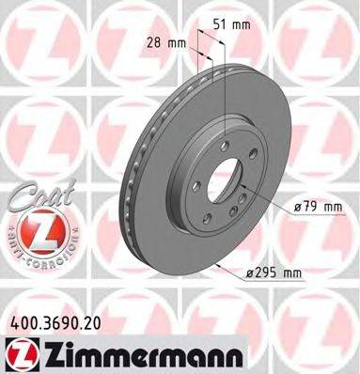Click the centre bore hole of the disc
click(x=222, y=179)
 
